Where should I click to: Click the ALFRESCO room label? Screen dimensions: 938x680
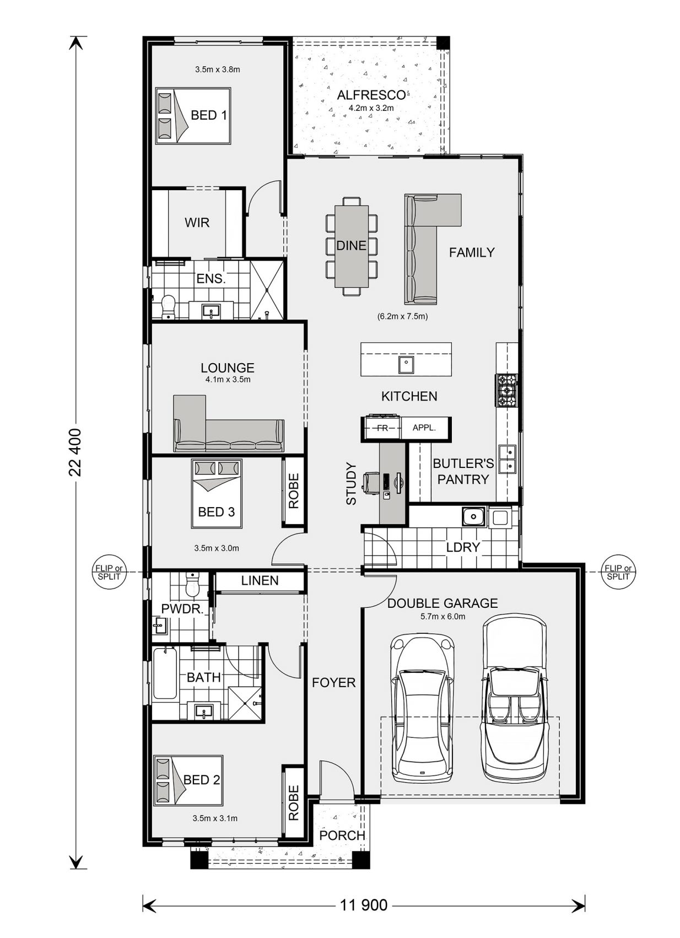(371, 95)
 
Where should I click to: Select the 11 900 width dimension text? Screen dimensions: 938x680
(364, 904)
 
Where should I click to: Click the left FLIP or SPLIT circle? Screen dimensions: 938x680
(108, 572)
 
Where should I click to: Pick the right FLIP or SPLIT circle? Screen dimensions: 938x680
(618, 572)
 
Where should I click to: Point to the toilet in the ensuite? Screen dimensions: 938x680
(168, 306)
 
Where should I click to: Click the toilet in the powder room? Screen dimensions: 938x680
(192, 585)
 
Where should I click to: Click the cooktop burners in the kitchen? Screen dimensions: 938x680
(506, 391)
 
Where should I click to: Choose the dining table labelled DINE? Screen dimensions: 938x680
(352, 246)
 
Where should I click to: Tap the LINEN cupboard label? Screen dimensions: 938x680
(260, 580)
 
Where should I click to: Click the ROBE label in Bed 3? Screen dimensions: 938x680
(293, 490)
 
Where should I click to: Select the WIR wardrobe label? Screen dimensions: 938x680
(197, 223)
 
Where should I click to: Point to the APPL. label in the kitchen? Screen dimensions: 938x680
(424, 428)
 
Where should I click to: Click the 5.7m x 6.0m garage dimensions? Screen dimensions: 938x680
(442, 616)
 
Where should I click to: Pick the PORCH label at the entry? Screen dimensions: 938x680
(342, 835)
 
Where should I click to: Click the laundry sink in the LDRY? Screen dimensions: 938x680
(472, 517)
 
